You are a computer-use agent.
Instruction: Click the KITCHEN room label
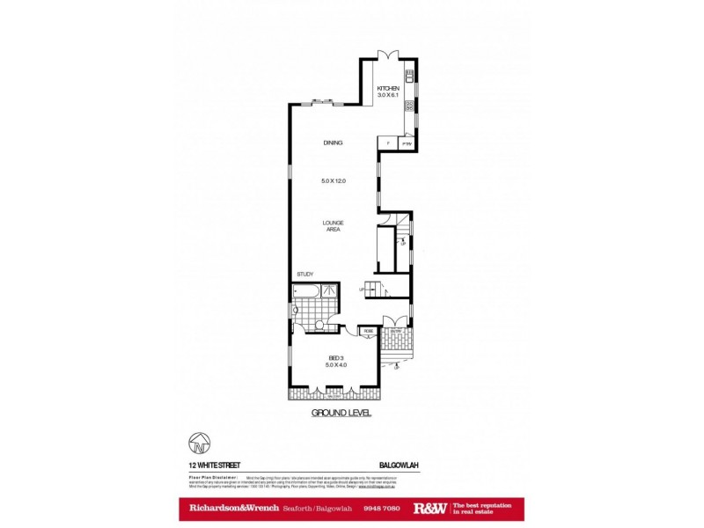click(x=388, y=89)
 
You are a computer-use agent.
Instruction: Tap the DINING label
click(x=332, y=143)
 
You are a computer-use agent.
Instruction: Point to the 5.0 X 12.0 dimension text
click(x=333, y=180)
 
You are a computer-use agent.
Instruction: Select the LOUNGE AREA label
click(x=333, y=225)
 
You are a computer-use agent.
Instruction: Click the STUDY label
click(x=305, y=274)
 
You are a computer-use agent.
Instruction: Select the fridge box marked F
click(x=387, y=142)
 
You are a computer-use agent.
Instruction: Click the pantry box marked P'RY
click(x=407, y=142)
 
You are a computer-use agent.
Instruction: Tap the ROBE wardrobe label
click(x=369, y=331)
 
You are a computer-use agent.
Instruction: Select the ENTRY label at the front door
click(x=396, y=331)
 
